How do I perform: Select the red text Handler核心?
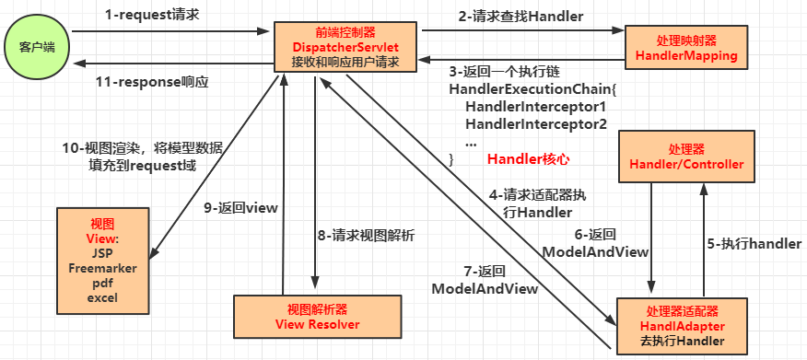pos(528,158)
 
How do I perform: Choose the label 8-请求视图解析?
pos(366,235)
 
